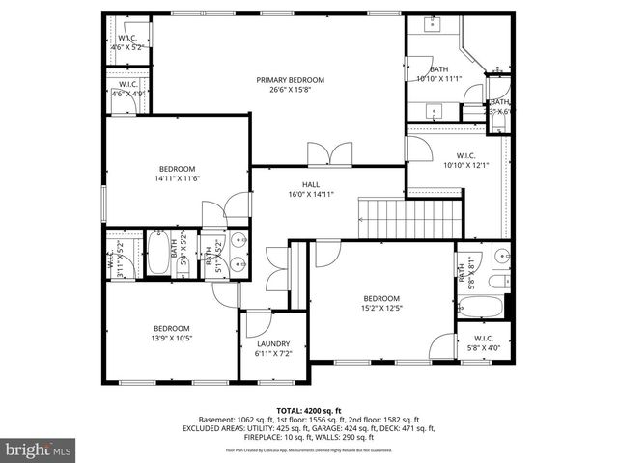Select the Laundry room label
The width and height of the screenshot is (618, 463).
coord(274,343)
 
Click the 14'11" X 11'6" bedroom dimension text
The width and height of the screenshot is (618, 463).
coord(177,177)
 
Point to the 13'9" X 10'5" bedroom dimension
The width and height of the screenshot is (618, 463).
coord(172,338)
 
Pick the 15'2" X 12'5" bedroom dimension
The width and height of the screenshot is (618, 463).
coord(380,309)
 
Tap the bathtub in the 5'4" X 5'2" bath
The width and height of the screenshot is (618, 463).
coord(158,258)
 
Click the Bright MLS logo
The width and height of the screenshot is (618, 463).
coord(38,450)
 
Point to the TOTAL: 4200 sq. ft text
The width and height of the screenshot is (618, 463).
coord(309,411)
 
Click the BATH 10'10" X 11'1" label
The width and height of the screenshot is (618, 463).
coord(439,74)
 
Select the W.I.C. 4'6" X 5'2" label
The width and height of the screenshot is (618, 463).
coord(126,41)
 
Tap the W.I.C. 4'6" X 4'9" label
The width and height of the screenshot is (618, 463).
coord(126,89)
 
